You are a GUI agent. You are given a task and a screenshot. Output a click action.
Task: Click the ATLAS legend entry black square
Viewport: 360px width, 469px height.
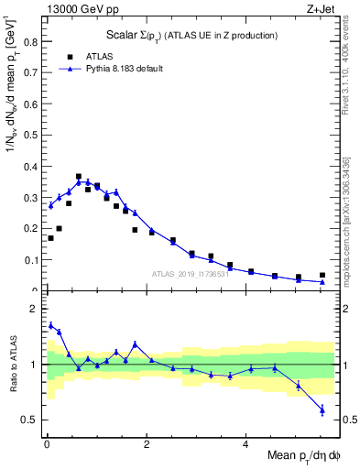[x=67, y=56]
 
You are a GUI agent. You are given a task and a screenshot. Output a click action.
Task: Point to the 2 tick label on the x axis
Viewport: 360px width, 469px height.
[x=146, y=446]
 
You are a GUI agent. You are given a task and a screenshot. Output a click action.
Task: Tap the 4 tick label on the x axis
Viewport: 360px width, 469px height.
[x=245, y=446]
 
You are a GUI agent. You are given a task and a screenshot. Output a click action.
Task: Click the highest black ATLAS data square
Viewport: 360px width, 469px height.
[x=79, y=177]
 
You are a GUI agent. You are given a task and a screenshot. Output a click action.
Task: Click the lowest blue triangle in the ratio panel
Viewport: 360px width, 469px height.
[x=322, y=410]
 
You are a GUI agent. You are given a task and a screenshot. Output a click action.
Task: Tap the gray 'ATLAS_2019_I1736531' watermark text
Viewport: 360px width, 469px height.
[x=190, y=273]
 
